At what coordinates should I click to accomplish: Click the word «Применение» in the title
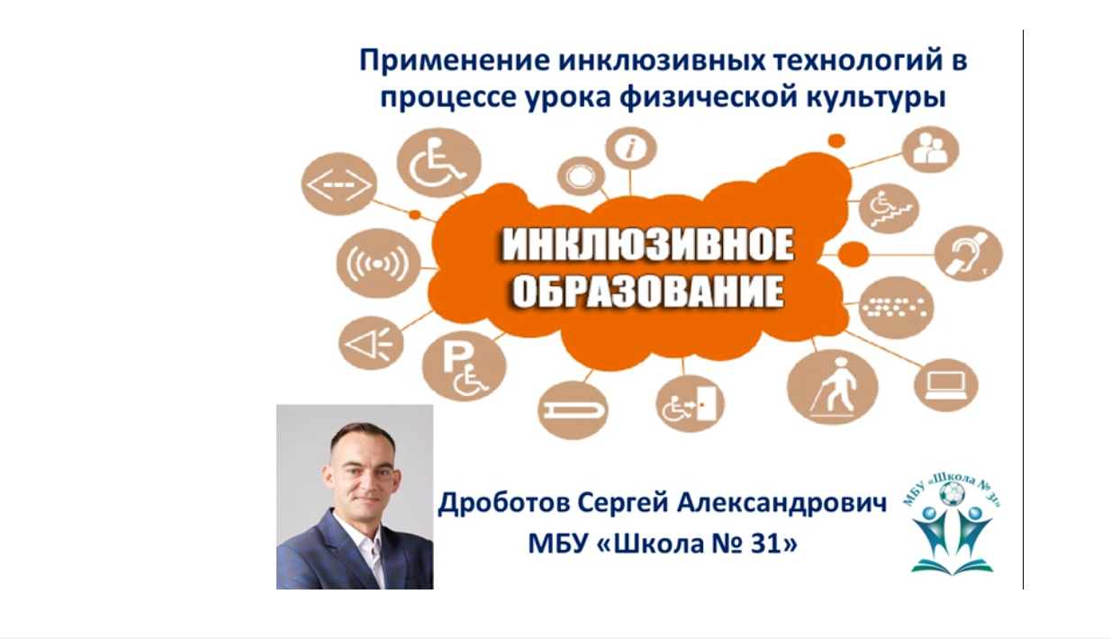(455, 61)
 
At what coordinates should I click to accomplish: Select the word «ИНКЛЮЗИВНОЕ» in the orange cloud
(648, 246)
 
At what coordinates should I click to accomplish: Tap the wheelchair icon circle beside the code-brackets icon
(439, 162)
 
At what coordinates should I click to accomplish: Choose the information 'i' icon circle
(631, 148)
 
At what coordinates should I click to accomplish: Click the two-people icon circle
(930, 149)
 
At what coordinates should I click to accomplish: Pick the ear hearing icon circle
(969, 254)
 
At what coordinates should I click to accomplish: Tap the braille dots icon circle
(896, 308)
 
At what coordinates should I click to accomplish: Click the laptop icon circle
(946, 385)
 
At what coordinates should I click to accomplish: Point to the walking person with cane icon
(832, 387)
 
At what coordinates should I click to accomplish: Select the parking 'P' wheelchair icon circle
(465, 366)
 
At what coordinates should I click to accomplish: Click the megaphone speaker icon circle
(371, 343)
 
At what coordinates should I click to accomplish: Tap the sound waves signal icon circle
(378, 263)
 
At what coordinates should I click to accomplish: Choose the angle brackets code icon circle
(339, 184)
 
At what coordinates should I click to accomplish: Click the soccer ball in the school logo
(953, 494)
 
